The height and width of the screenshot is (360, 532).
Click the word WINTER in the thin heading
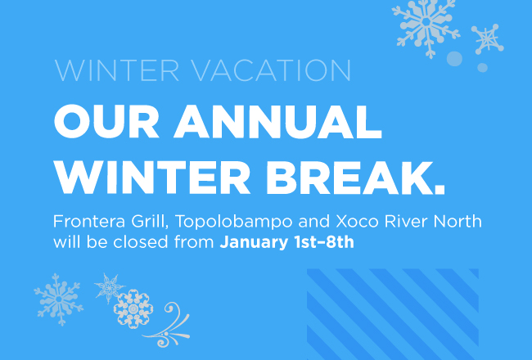[x=117, y=70]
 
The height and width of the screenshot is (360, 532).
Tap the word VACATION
[x=271, y=70]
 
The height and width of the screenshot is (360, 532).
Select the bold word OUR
[x=106, y=121]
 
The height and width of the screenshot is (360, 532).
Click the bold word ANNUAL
[x=278, y=121]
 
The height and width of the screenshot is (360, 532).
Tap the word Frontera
[x=89, y=222]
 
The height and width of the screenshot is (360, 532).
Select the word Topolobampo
[x=234, y=223]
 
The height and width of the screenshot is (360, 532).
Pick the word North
[x=458, y=222]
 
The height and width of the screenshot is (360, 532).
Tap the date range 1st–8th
[x=324, y=242]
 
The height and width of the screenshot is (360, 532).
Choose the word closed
[x=141, y=242]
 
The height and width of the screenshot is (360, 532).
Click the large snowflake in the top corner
[x=426, y=26]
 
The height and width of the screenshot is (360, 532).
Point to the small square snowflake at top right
[x=487, y=39]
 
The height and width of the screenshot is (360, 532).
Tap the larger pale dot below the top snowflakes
[x=454, y=59]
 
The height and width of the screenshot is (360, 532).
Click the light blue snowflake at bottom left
[x=59, y=299]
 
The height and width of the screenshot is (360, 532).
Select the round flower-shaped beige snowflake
[x=133, y=308]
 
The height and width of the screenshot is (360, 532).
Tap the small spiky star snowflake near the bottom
[x=109, y=288]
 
